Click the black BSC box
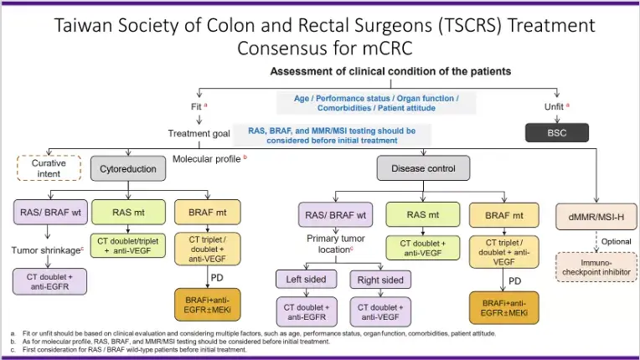point(557,132)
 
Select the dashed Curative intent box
point(49,168)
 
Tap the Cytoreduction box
point(128,168)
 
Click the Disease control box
point(423,168)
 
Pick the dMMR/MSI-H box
point(596,217)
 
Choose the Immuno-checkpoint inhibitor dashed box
point(596,267)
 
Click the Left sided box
point(306,280)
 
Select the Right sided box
point(380,280)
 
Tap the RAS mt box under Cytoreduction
point(128,212)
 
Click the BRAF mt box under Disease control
point(504,215)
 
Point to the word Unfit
point(554,107)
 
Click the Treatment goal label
point(199,133)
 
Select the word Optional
point(617,241)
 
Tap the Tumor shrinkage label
point(46,250)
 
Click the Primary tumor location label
point(336,244)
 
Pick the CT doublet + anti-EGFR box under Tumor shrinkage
point(49,281)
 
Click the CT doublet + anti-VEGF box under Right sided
point(380,312)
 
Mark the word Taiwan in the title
point(83,25)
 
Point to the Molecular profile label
point(207,159)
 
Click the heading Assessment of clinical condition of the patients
point(390,71)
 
